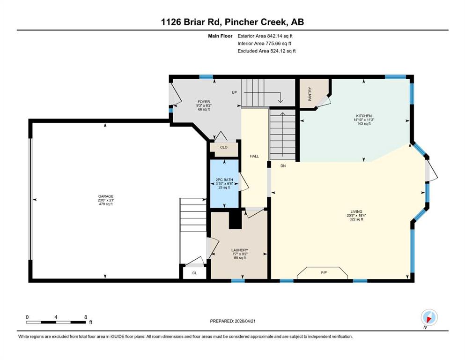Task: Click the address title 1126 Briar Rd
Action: (x=192, y=22)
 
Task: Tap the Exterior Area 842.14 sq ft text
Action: (x=265, y=36)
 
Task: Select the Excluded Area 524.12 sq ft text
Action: (x=266, y=51)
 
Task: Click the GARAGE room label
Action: (x=106, y=196)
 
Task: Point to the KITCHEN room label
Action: (x=364, y=116)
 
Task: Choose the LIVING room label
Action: (x=356, y=211)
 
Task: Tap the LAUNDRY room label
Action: (x=240, y=250)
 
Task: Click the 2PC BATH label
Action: (x=224, y=180)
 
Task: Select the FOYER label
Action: (x=204, y=102)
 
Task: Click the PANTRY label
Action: (x=310, y=94)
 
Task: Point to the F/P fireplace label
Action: (x=324, y=272)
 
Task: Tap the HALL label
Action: (x=254, y=156)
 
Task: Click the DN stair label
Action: (x=283, y=166)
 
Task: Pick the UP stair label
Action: (x=234, y=92)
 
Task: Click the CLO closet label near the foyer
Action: (x=224, y=147)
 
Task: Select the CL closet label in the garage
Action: (x=194, y=273)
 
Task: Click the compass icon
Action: (x=429, y=318)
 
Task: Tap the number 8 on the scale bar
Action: (x=86, y=317)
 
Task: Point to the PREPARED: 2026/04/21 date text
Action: (x=233, y=321)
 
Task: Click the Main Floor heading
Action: (x=220, y=36)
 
